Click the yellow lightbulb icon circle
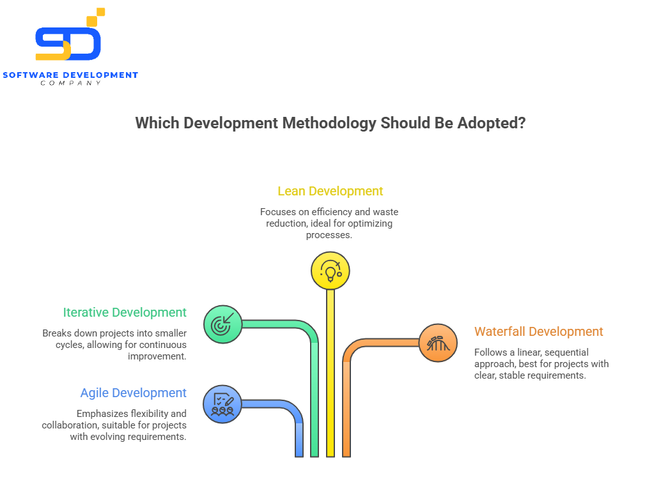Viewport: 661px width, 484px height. [x=330, y=271]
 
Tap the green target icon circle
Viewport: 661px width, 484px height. [x=222, y=325]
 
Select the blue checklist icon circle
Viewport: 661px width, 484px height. [x=222, y=404]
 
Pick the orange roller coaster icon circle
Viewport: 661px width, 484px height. [x=438, y=344]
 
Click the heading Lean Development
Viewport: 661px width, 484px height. [x=330, y=191]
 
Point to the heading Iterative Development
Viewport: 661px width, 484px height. [x=125, y=312]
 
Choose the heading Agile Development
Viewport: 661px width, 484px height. [x=134, y=393]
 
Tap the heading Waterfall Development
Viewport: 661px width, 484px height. [x=538, y=331]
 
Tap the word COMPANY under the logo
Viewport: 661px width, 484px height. [x=70, y=83]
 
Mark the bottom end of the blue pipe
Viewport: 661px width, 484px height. [x=299, y=454]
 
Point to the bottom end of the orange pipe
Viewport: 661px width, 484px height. [x=346, y=454]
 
